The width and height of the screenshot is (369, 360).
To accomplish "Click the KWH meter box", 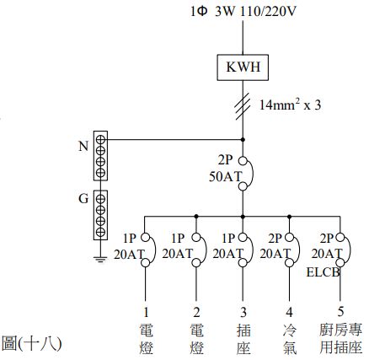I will tap(243, 66).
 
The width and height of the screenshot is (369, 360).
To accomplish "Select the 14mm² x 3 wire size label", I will tap(291, 106).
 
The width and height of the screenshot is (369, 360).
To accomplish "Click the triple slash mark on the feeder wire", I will tap(243, 105).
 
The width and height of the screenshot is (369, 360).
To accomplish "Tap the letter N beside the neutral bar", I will tap(83, 145).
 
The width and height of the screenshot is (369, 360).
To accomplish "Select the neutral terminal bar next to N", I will tap(100, 154).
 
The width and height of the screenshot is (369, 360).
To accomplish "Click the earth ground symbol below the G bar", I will tap(100, 258).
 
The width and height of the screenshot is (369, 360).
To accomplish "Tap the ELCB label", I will tap(323, 272).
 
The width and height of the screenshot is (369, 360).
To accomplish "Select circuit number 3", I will tap(243, 297).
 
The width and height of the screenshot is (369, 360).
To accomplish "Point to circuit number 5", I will tap(341, 297).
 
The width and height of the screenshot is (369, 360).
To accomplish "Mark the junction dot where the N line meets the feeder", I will tap(243, 140).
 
